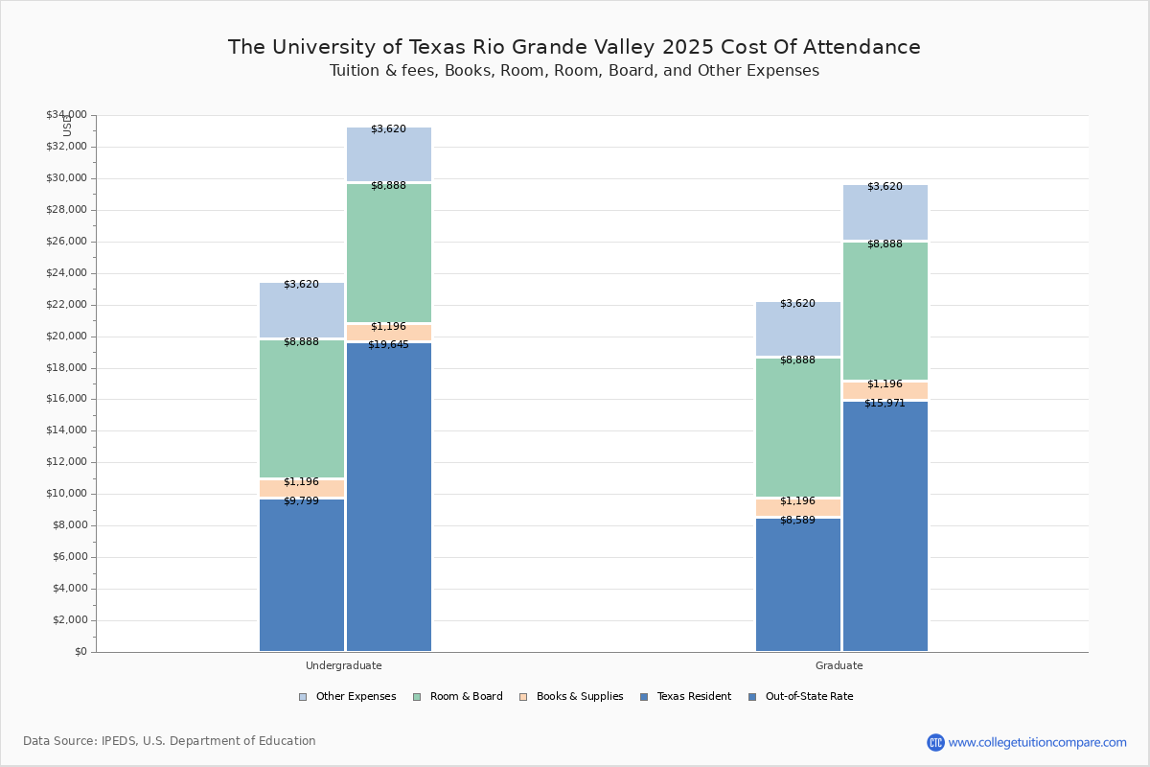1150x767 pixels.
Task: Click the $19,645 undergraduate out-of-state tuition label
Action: coord(388,345)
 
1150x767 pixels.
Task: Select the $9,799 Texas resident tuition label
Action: coord(301,501)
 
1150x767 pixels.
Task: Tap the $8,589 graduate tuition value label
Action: coord(797,521)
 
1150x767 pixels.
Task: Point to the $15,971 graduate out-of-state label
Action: coord(885,404)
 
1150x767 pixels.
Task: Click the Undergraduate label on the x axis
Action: coord(343,665)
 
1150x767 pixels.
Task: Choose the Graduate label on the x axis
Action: coord(839,665)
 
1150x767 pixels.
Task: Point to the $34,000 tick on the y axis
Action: coord(66,115)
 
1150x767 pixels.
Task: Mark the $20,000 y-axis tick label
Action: coord(66,337)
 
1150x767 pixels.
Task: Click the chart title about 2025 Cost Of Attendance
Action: coord(574,47)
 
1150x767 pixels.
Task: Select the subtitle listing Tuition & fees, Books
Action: coord(574,71)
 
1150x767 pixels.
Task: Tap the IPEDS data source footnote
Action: coord(170,741)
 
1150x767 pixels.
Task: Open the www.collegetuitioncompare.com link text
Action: coord(1037,742)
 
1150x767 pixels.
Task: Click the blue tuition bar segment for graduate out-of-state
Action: coord(885,527)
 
